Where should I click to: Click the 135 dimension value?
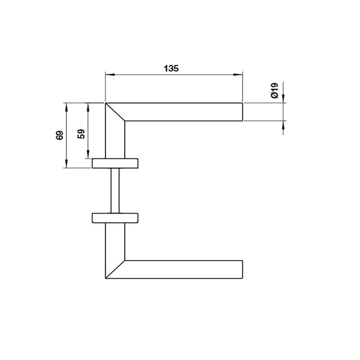pyautogui.click(x=171, y=68)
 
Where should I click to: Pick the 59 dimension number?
pyautogui.click(x=81, y=134)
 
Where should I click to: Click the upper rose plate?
pyautogui.click(x=116, y=163)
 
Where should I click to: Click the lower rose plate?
pyautogui.click(x=116, y=218)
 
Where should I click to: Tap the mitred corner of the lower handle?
pyautogui.click(x=115, y=269)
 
